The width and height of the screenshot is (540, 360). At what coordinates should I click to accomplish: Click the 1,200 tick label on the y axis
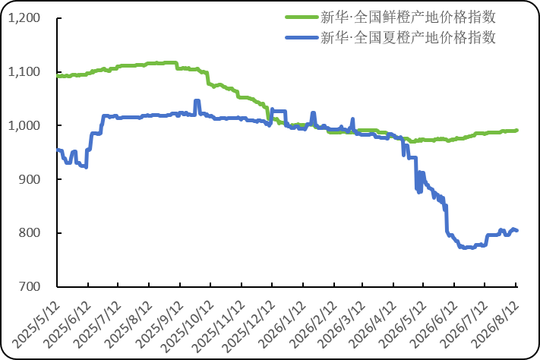tap(24, 17)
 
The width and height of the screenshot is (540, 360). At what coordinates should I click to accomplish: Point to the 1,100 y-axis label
tap(24, 71)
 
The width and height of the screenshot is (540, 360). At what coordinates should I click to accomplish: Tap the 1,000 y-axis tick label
tap(24, 125)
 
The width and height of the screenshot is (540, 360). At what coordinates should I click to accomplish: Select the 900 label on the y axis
tap(30, 179)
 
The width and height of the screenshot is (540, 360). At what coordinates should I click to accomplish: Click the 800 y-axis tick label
tap(30, 233)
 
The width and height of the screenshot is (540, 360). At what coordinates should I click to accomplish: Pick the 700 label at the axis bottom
tap(30, 286)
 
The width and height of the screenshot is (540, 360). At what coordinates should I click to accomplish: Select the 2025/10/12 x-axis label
tap(188, 327)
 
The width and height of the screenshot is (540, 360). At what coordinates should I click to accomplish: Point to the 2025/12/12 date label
tap(249, 327)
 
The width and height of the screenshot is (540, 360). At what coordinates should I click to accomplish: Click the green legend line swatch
tap(302, 17)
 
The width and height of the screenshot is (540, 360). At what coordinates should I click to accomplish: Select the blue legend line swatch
tap(302, 37)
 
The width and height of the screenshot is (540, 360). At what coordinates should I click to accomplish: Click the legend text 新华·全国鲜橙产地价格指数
tap(408, 17)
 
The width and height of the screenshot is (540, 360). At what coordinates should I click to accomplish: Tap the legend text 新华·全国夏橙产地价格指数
tap(408, 37)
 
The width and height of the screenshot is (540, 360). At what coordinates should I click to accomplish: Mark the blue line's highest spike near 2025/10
tap(197, 100)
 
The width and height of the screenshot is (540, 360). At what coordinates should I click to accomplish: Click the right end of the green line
tap(517, 130)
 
